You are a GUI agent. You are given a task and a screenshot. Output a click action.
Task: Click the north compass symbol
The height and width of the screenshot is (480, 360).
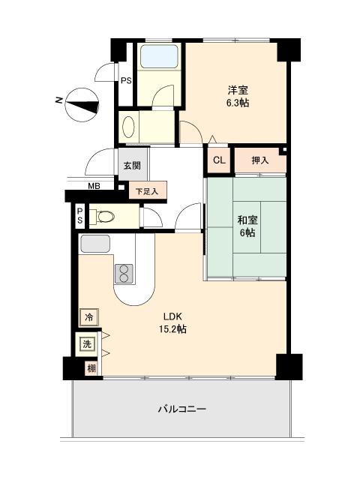[x=82, y=105]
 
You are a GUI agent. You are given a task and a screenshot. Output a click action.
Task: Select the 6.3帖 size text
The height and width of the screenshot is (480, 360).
[x=238, y=103]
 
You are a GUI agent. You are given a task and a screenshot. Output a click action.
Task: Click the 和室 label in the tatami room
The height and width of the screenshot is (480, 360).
[x=247, y=220]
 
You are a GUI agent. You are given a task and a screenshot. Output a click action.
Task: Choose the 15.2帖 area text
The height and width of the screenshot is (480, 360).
[x=172, y=329]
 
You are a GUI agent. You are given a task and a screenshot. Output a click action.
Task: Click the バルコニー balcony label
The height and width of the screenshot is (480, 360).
[x=181, y=409]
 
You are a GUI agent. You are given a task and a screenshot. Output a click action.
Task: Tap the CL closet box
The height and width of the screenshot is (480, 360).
[x=219, y=160]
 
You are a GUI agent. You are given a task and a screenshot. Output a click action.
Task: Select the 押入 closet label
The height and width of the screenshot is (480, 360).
[x=259, y=160]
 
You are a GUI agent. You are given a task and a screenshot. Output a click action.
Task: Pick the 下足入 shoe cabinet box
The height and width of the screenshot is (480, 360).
[x=147, y=191]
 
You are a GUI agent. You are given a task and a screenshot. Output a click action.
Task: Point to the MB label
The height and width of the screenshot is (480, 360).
[x=94, y=186]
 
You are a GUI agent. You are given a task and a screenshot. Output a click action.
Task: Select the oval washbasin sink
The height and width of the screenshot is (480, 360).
[x=128, y=125]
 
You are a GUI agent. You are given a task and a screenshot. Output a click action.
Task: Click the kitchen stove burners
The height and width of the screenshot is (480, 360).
[x=123, y=273]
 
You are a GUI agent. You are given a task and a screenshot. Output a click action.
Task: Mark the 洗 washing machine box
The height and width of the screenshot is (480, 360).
[x=88, y=344]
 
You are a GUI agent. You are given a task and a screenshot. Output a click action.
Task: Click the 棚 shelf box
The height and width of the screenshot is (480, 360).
[x=91, y=368]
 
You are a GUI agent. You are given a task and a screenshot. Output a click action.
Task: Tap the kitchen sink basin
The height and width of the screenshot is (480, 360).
[x=95, y=244]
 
